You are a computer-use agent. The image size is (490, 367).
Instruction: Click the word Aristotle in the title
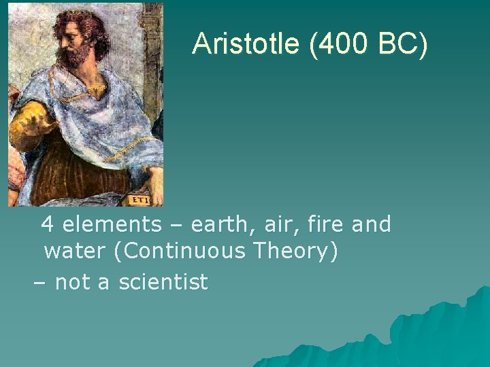[246, 43]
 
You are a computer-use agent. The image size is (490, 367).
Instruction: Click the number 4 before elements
[48, 224]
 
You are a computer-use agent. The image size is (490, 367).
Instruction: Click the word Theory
[295, 251]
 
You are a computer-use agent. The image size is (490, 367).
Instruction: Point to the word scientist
[163, 281]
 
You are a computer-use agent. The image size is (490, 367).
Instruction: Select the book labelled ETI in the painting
[140, 200]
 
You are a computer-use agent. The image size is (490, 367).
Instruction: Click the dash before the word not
[40, 281]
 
